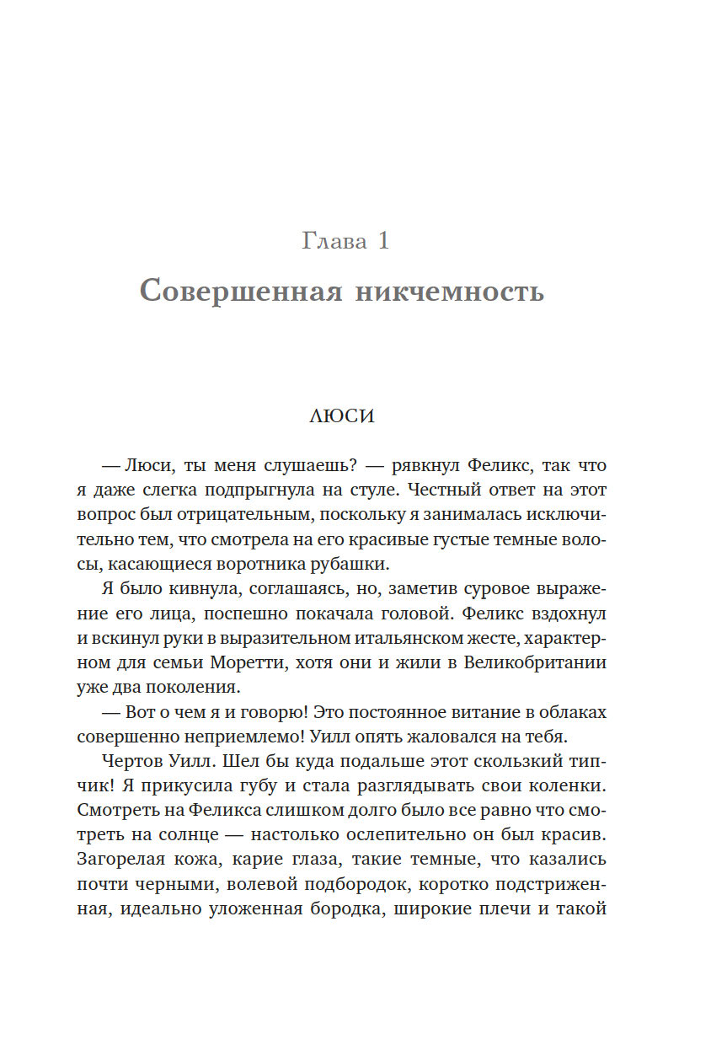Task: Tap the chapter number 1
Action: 383,242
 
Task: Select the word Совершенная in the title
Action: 240,292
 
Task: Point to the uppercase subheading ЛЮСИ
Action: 341,416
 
